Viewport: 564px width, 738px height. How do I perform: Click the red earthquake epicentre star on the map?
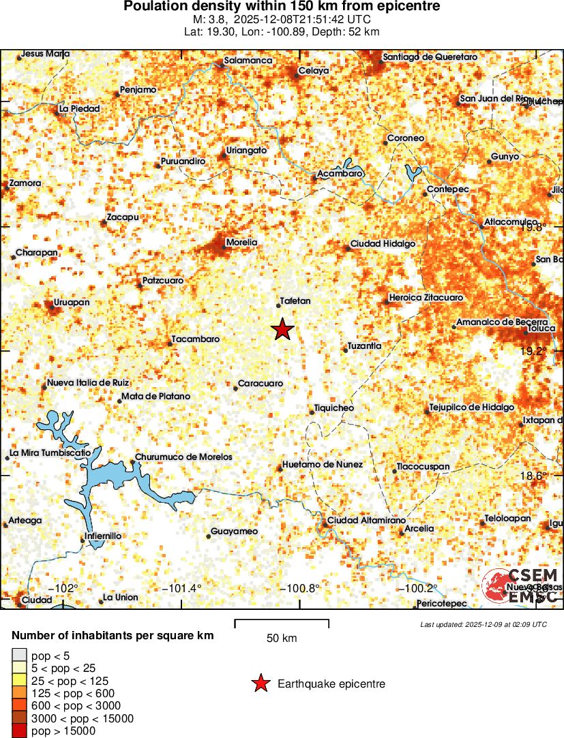[282, 330]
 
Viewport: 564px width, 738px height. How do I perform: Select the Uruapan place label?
[72, 302]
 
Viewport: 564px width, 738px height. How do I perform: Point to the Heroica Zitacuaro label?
[426, 298]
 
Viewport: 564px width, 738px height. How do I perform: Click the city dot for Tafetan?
[279, 307]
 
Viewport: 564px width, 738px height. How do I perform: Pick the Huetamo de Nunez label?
[323, 464]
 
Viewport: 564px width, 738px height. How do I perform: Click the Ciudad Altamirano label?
[361, 521]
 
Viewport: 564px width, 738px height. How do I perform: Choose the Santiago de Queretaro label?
[430, 57]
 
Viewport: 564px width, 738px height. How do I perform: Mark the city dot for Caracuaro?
[236, 388]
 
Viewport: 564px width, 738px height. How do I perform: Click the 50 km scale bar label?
[282, 639]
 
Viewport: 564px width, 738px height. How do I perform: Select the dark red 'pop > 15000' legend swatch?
[20, 731]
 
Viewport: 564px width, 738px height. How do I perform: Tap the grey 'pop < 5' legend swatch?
[20, 656]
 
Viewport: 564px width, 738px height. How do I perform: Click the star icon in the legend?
[260, 683]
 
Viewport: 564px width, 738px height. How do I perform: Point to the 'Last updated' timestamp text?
[484, 624]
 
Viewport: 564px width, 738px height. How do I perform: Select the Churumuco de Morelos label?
[183, 457]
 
